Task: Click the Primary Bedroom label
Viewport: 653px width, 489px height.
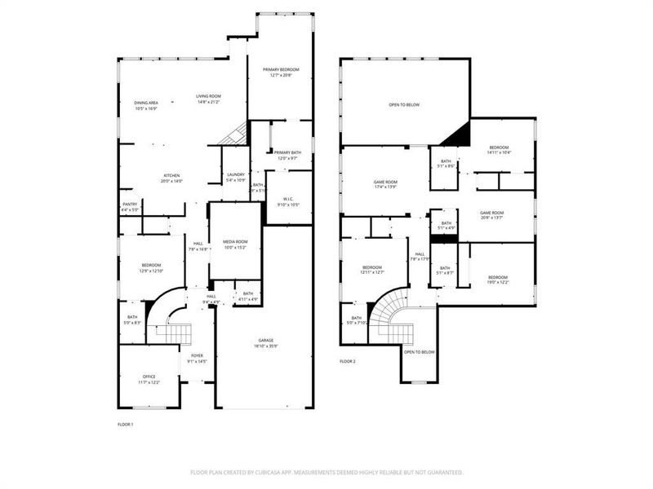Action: point(281,70)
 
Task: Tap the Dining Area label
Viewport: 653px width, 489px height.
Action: point(146,103)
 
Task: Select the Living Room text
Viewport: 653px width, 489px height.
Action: point(208,96)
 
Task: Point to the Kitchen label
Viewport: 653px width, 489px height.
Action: point(171,176)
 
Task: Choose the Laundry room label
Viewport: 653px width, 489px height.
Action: point(235,174)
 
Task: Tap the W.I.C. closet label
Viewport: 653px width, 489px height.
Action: point(288,199)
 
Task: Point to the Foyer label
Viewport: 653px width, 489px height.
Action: point(198,356)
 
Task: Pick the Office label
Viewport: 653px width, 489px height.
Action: point(149,377)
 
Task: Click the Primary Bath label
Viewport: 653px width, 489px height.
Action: point(287,153)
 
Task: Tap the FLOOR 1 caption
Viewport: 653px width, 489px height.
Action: point(126,425)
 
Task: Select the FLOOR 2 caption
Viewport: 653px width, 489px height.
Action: point(348,361)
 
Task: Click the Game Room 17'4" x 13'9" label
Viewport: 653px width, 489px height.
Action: point(385,183)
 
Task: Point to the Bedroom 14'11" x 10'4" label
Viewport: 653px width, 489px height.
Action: point(499,148)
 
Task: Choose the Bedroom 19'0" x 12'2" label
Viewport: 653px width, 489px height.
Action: point(499,278)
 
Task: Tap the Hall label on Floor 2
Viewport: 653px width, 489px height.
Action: point(420,254)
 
